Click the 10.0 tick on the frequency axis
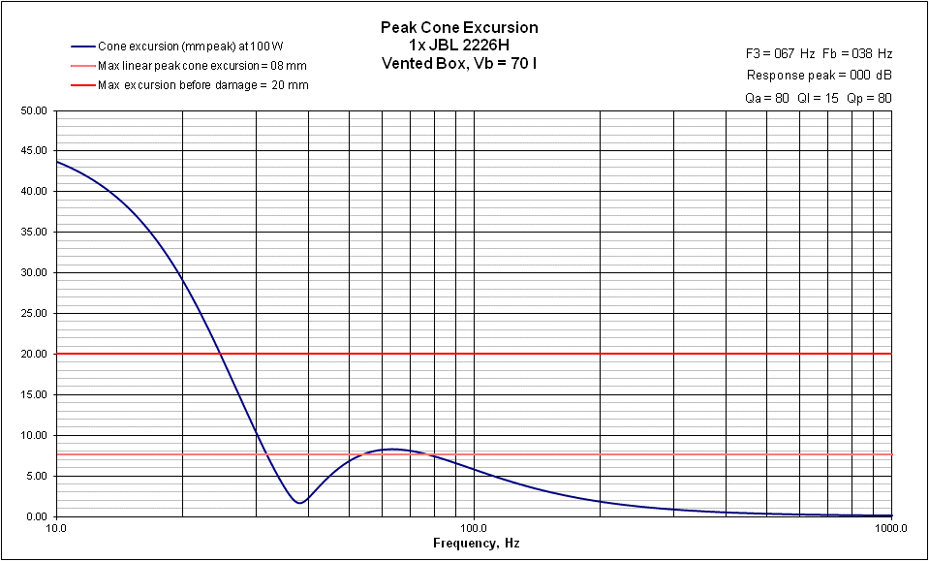56,529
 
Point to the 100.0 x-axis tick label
474,529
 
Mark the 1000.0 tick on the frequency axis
889,529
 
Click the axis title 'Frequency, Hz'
476,545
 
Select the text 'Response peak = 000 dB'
819,75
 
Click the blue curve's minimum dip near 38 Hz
301,502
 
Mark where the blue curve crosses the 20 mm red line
222,354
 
